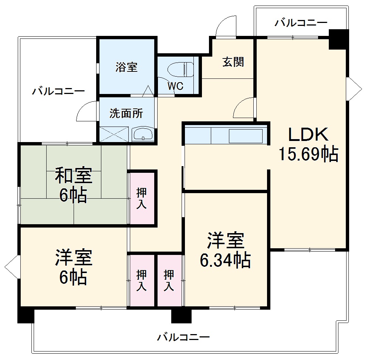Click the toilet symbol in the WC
coord(181,70)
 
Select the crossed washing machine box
coord(114,134)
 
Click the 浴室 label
coord(126,67)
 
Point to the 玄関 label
coord(233,62)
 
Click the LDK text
coord(308,135)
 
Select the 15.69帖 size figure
coord(308,155)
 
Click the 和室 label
coord(74,175)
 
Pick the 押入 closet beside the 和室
coord(142,199)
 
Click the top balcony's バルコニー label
coord(301,23)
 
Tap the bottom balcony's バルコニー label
coord(183,337)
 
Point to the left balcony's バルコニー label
coord(58,91)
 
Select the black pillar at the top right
coord(338,39)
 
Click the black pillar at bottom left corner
coord(26,315)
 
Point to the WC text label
coord(175,86)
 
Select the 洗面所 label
coord(126,114)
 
